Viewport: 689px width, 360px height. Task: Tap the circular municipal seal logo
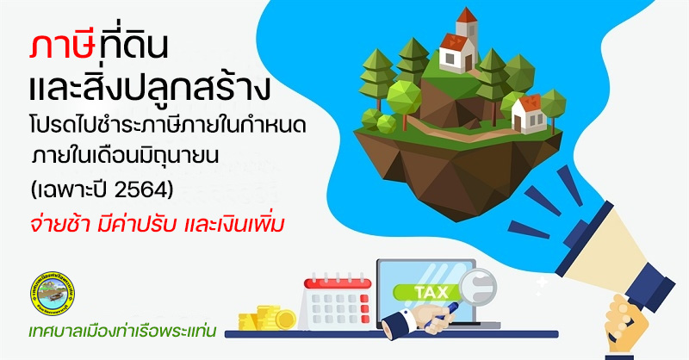pos(53,293)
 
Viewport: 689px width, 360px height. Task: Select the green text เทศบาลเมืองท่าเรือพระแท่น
pos(122,331)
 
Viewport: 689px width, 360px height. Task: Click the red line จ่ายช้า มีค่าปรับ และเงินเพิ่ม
pos(158,224)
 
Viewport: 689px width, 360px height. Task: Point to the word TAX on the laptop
pos(431,292)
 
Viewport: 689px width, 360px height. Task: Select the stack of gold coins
pos(267,317)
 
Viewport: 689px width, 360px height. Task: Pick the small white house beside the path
pos(529,114)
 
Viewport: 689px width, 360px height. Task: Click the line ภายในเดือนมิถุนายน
pos(125,156)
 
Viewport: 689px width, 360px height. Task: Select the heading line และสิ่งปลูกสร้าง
pos(148,87)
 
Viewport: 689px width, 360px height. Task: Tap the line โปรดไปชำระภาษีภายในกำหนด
pos(168,126)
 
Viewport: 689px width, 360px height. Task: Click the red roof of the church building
pos(455,41)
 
